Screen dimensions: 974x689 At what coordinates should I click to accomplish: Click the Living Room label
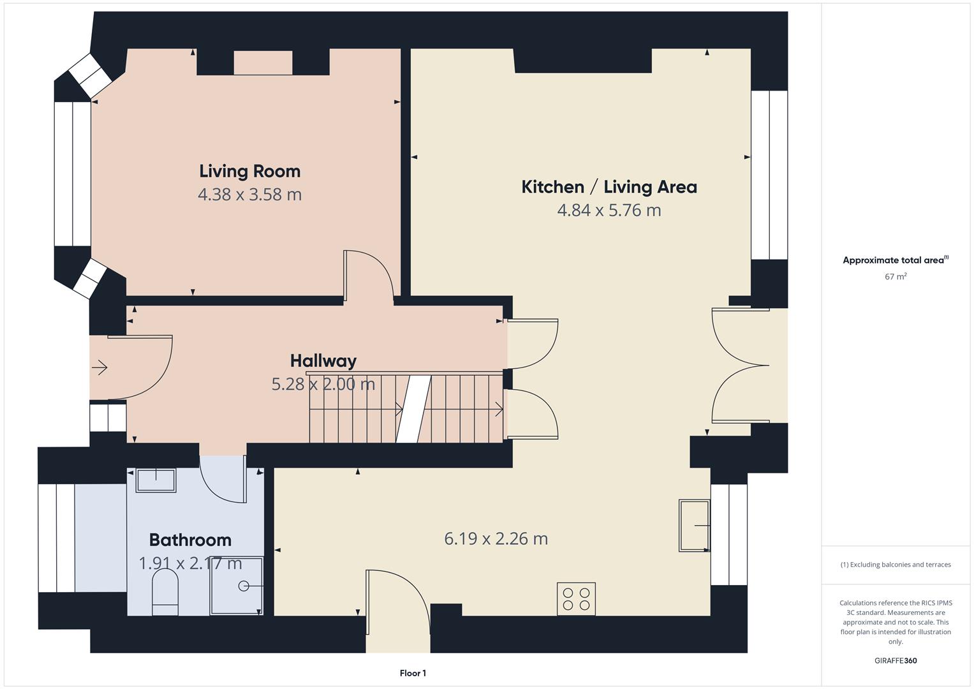[249, 172]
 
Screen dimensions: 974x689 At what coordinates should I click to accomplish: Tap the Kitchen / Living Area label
[609, 187]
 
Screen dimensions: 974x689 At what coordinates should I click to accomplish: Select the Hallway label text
[323, 361]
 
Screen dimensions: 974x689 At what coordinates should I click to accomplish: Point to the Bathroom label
[190, 540]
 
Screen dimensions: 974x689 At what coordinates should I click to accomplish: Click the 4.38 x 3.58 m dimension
[249, 195]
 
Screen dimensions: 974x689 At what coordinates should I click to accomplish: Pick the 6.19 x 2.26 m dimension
[496, 538]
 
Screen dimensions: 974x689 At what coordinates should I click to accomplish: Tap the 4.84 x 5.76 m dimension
[609, 210]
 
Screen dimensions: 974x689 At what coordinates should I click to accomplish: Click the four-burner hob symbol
[576, 599]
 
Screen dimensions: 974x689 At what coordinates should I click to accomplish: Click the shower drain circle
[244, 586]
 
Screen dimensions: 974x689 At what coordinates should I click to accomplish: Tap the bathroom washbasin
[156, 480]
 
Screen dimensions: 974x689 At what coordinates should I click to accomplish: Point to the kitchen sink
[695, 526]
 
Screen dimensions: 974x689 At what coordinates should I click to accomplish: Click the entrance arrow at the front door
[100, 367]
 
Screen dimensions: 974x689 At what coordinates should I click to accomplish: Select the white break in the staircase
[413, 409]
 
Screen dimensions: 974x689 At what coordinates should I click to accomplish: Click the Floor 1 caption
[413, 673]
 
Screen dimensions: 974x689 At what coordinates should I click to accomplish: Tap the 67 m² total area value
[896, 276]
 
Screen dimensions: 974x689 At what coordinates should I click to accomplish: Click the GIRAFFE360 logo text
[896, 660]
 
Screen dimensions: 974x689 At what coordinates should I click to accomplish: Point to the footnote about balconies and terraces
[896, 565]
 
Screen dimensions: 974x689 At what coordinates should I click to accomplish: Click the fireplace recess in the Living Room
[263, 63]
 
